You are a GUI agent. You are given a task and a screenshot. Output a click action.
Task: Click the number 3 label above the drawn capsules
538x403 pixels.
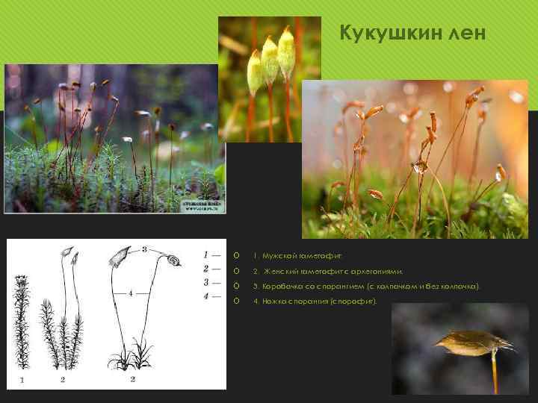tap(143, 248)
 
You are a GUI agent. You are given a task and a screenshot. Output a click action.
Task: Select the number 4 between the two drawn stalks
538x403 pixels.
tap(133, 293)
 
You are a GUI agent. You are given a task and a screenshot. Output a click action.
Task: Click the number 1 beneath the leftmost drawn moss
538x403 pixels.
tap(22, 381)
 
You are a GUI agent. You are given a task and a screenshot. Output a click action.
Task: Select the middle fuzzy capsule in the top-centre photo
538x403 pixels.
tap(270, 60)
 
